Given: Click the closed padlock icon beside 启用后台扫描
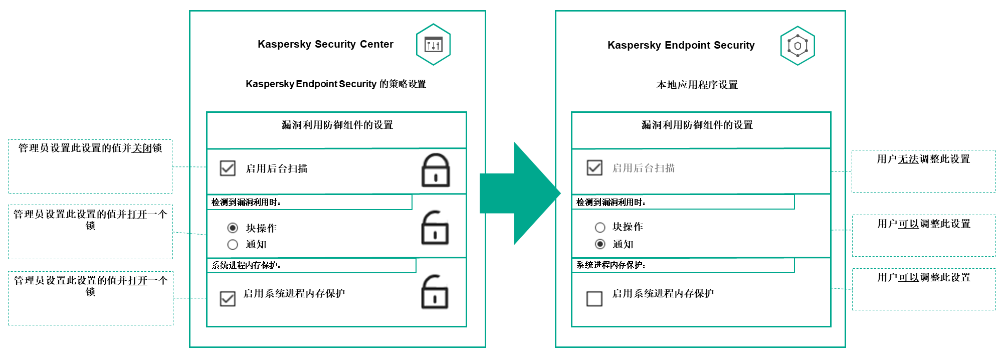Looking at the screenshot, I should point(435,170).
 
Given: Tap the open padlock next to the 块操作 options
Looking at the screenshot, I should point(435,228).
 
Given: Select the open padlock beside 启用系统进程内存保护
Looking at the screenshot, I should point(434,292).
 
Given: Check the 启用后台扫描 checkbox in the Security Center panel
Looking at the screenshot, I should point(228,168).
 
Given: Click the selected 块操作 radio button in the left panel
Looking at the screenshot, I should point(233,228).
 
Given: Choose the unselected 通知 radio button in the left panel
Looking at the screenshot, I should point(233,245).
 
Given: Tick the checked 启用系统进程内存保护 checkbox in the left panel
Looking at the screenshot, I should point(228,299).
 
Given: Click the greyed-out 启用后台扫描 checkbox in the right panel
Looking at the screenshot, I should point(594,167).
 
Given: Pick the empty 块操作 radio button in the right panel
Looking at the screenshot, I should point(600,228).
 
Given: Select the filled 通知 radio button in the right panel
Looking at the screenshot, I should point(600,244).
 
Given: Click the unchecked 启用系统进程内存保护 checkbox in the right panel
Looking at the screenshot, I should point(594,299).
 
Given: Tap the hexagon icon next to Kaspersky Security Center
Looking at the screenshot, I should point(433,45).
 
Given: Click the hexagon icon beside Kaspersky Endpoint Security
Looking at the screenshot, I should point(797,46).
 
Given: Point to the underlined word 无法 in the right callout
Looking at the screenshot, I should point(908,159).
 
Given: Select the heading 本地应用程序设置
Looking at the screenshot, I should point(697,85).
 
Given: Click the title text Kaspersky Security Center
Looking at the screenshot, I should point(325,44).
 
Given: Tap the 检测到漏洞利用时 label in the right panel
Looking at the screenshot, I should point(611,203).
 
